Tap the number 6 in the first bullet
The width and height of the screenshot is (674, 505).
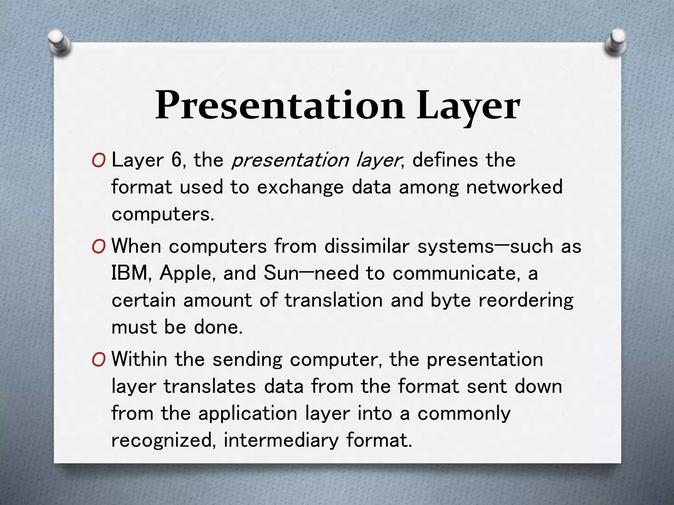click(x=176, y=160)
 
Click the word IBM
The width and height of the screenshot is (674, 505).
click(x=129, y=273)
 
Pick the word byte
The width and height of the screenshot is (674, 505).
click(x=451, y=301)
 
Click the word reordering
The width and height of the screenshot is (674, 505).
click(x=526, y=301)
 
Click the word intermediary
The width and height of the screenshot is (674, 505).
click(x=281, y=441)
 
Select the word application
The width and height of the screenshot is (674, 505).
click(x=247, y=414)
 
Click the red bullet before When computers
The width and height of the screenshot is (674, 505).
click(x=99, y=247)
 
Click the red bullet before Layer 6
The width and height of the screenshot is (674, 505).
click(x=99, y=161)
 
